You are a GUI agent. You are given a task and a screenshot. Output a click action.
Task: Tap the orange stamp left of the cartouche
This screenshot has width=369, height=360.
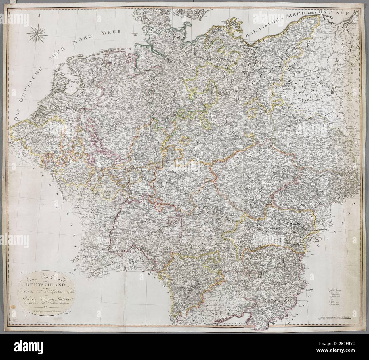13,307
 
